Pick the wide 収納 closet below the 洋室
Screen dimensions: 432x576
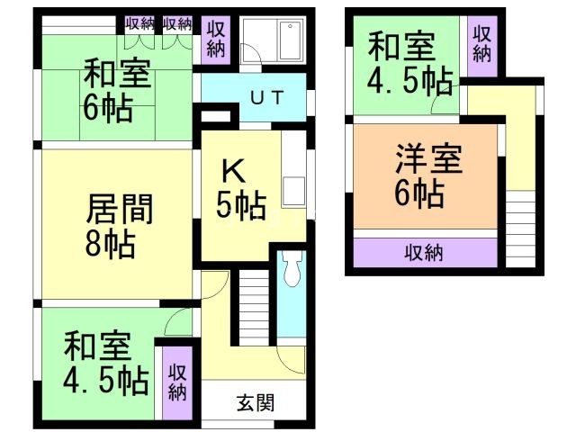pyautogui.click(x=424, y=252)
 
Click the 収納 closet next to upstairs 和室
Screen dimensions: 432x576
pyautogui.click(x=482, y=43)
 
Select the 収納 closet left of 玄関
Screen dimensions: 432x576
pyautogui.click(x=177, y=382)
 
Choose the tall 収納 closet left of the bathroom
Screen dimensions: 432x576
pyautogui.click(x=215, y=39)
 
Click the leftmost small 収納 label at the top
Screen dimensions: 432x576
pyautogui.click(x=140, y=22)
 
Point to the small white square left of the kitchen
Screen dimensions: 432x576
pyautogui.click(x=210, y=117)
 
